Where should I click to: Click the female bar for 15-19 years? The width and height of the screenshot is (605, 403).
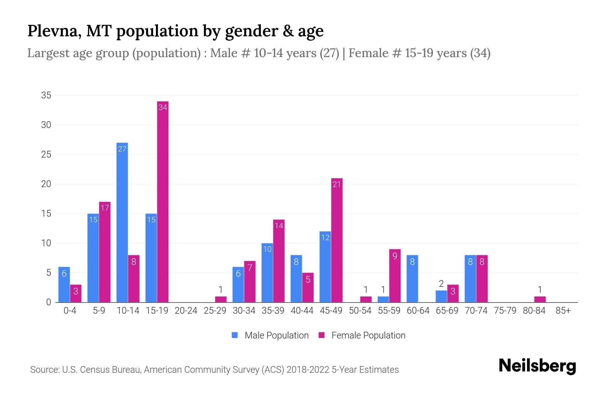point(163,201)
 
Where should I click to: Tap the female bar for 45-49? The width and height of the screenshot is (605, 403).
point(337,240)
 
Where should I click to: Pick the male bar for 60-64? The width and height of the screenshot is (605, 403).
point(412,279)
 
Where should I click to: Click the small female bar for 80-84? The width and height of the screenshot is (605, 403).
point(540,299)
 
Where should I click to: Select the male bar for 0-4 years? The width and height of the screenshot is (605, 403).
point(64,285)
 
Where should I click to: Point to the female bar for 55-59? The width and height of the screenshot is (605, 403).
point(395,275)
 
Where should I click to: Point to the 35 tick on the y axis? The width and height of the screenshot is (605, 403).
point(46,95)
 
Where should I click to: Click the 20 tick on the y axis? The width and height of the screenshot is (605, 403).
point(46,184)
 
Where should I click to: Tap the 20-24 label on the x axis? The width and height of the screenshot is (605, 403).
point(186,311)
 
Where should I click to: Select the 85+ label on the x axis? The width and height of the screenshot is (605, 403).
point(563,311)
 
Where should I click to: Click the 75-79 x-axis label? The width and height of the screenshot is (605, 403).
point(505,311)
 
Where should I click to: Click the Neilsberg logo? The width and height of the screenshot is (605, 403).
point(537,366)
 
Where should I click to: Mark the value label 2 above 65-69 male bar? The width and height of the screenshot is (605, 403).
point(441,284)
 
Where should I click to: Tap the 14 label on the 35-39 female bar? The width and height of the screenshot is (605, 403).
point(279,226)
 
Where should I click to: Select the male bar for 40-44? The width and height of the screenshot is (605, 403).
point(296,279)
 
